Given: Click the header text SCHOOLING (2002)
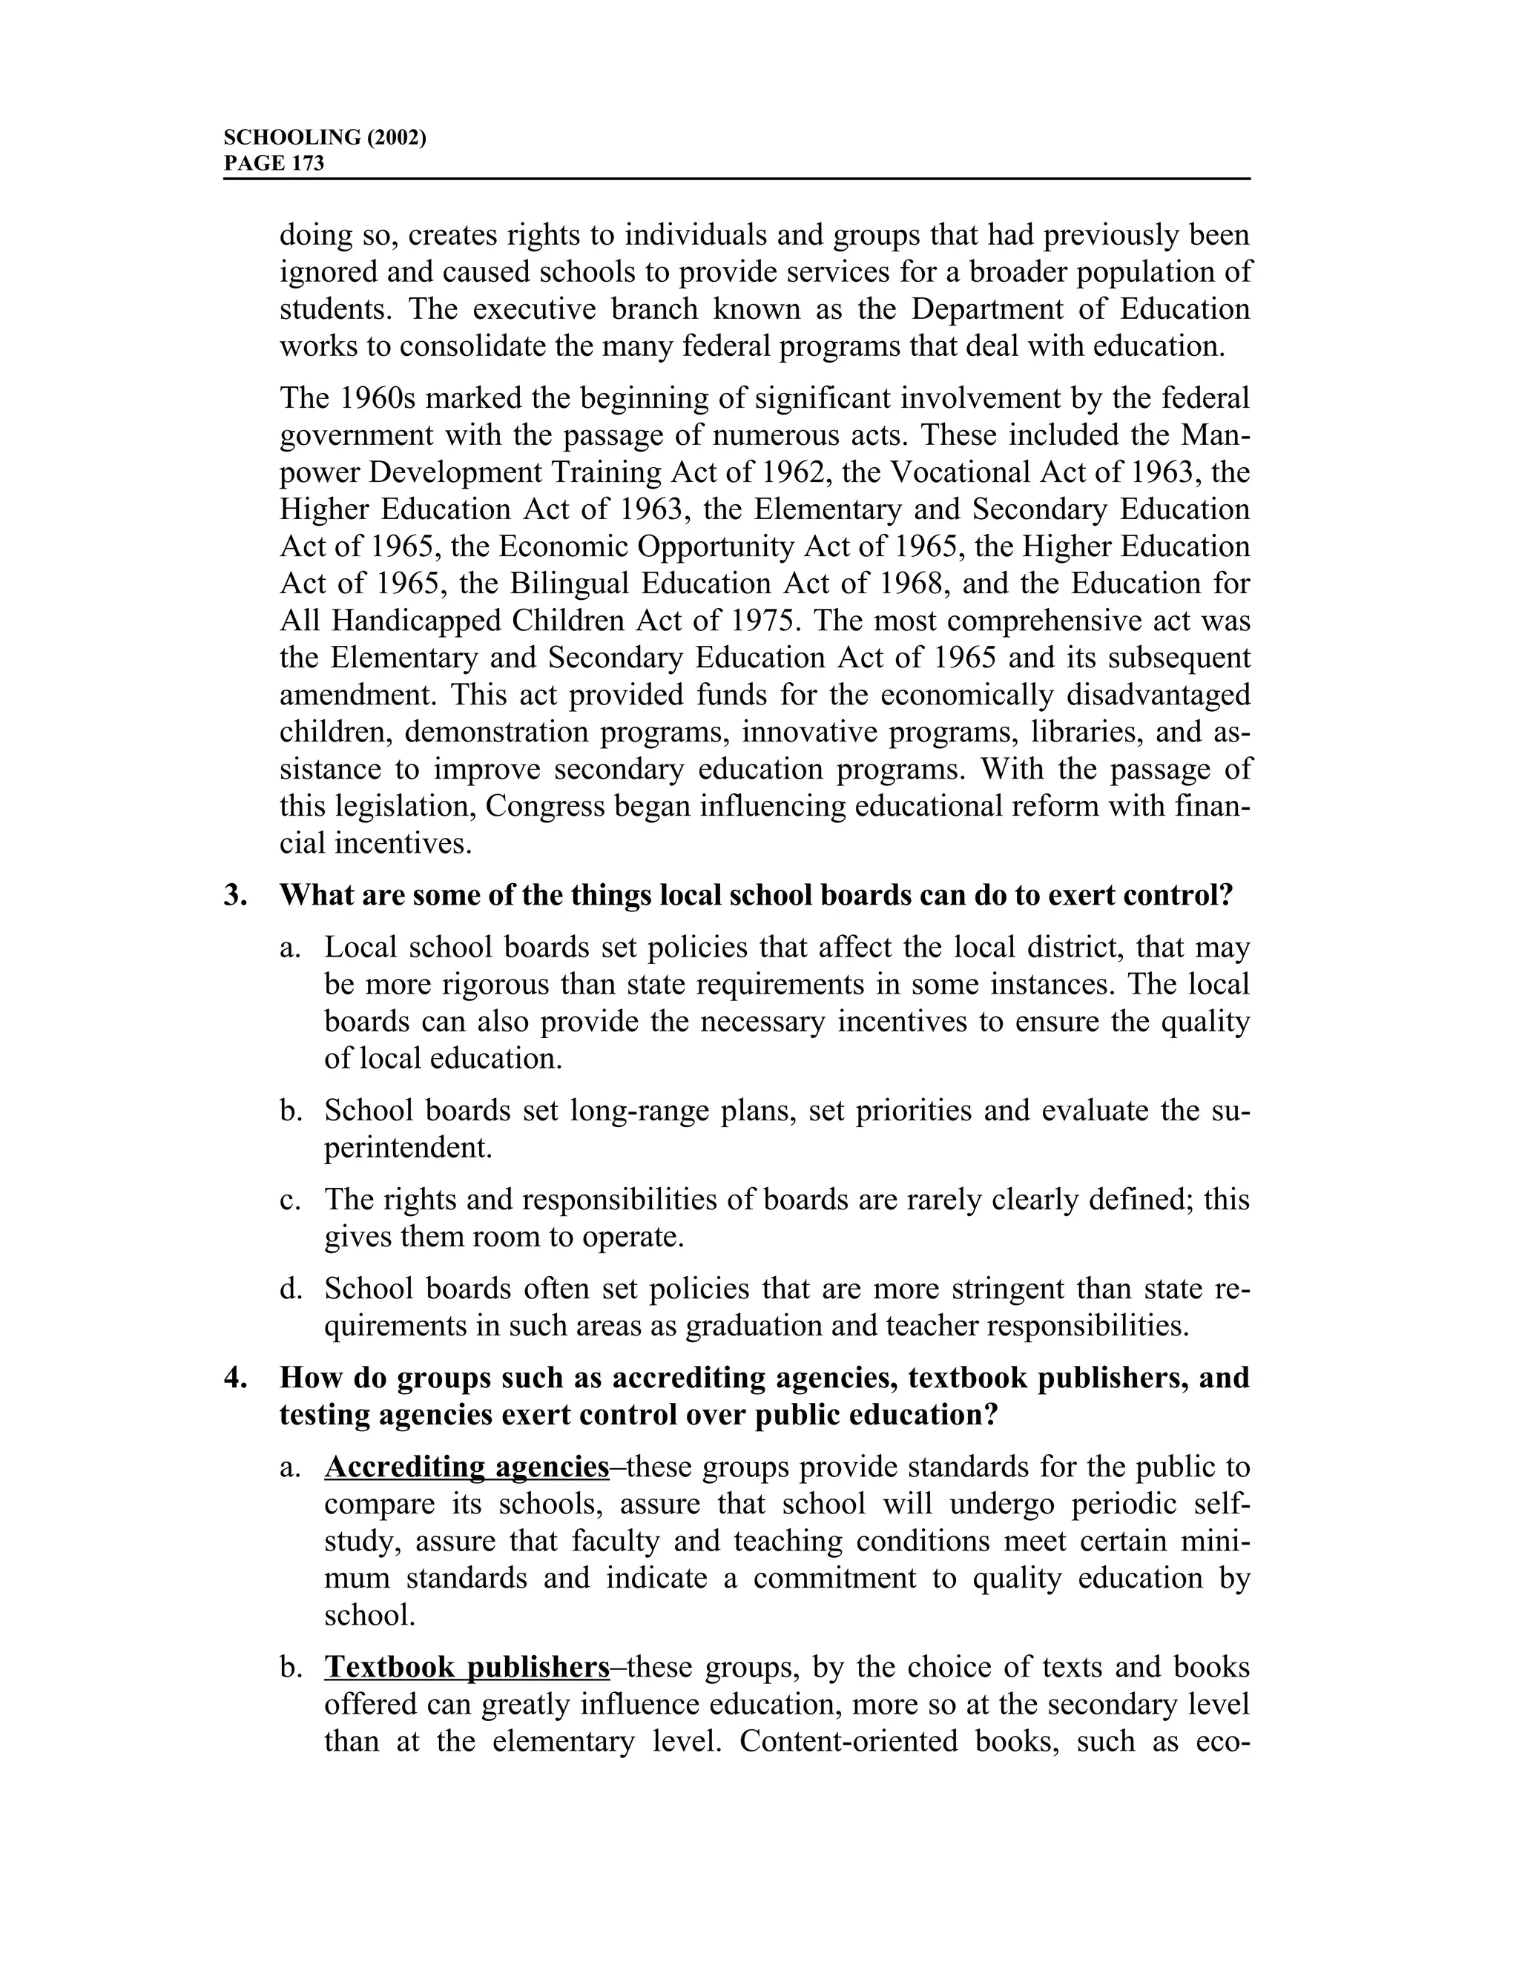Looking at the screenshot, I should pos(324,138).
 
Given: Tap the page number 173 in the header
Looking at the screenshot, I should pos(308,164).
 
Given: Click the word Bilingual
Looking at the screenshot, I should pos(570,584).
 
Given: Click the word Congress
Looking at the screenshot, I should pos(544,806).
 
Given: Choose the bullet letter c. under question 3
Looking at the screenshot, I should pos(289,1199).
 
